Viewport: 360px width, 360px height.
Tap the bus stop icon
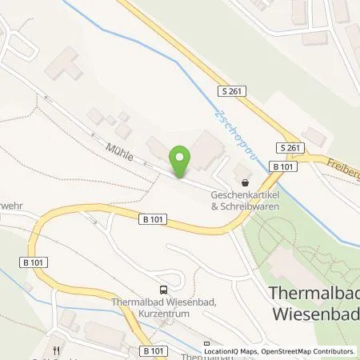pos(164,290)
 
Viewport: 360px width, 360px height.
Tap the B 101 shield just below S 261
pos(282,166)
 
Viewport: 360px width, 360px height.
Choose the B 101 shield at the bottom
pos(152,350)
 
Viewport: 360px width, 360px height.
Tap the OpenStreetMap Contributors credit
pos(311,351)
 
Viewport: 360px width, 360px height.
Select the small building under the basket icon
pos(240,171)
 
